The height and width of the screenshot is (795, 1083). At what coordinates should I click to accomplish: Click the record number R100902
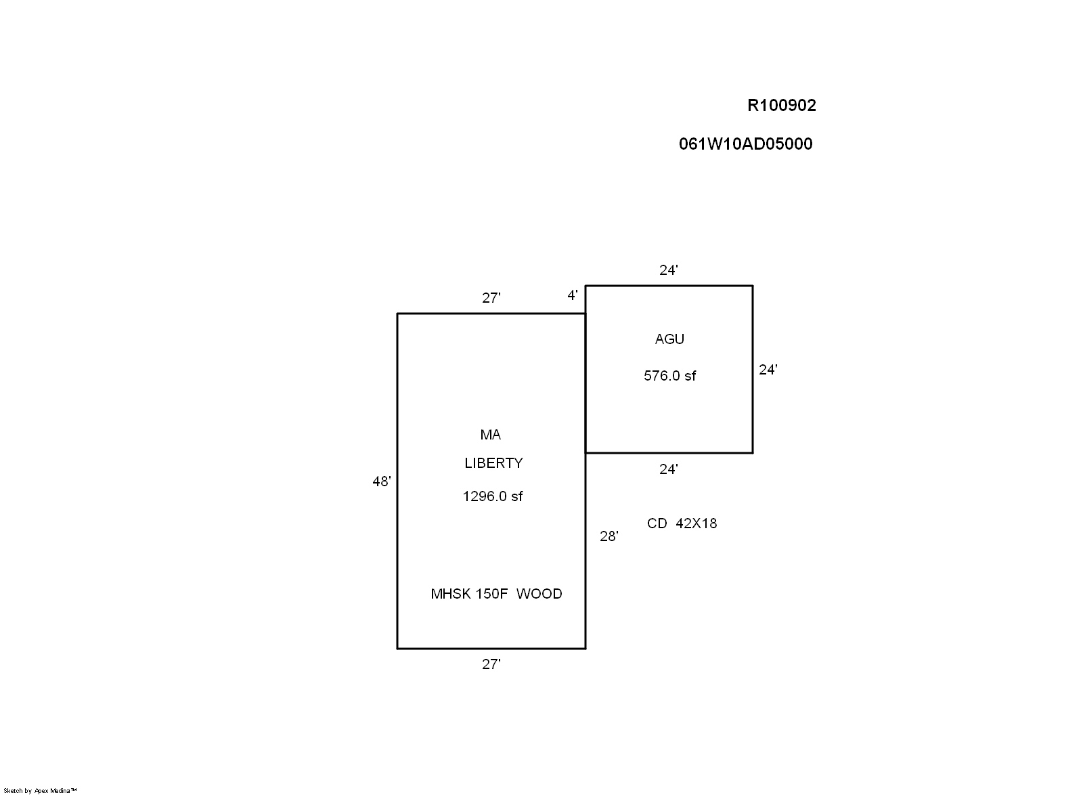tap(781, 106)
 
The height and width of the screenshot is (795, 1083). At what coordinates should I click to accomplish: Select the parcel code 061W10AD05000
tap(745, 144)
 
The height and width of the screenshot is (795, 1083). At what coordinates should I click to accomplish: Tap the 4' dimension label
tap(573, 295)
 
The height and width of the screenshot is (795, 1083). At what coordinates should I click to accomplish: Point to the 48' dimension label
tap(382, 481)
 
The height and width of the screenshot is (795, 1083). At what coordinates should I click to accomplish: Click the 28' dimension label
tap(609, 536)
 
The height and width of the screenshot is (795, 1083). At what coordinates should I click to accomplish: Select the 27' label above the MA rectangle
tap(491, 298)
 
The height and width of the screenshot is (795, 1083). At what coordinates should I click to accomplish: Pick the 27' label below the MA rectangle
tap(491, 665)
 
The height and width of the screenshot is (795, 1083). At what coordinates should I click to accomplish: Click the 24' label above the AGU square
tap(669, 270)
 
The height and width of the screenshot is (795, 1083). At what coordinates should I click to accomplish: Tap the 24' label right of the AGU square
tap(768, 370)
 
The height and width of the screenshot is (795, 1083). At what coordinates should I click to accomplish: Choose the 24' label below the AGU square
tap(669, 469)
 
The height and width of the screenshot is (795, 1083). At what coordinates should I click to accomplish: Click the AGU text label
tap(669, 339)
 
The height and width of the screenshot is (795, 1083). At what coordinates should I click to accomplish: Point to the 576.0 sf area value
tap(669, 376)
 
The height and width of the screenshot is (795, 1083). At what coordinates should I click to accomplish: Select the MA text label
tap(491, 435)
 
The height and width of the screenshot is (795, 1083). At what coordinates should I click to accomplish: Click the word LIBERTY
tap(493, 463)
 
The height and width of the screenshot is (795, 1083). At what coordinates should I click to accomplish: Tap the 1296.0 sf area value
tap(493, 496)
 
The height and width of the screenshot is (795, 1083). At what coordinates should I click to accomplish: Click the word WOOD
tap(539, 594)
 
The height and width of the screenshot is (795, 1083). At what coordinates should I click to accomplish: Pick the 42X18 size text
tap(697, 523)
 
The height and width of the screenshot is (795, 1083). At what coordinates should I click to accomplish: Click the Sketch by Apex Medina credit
tap(41, 790)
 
